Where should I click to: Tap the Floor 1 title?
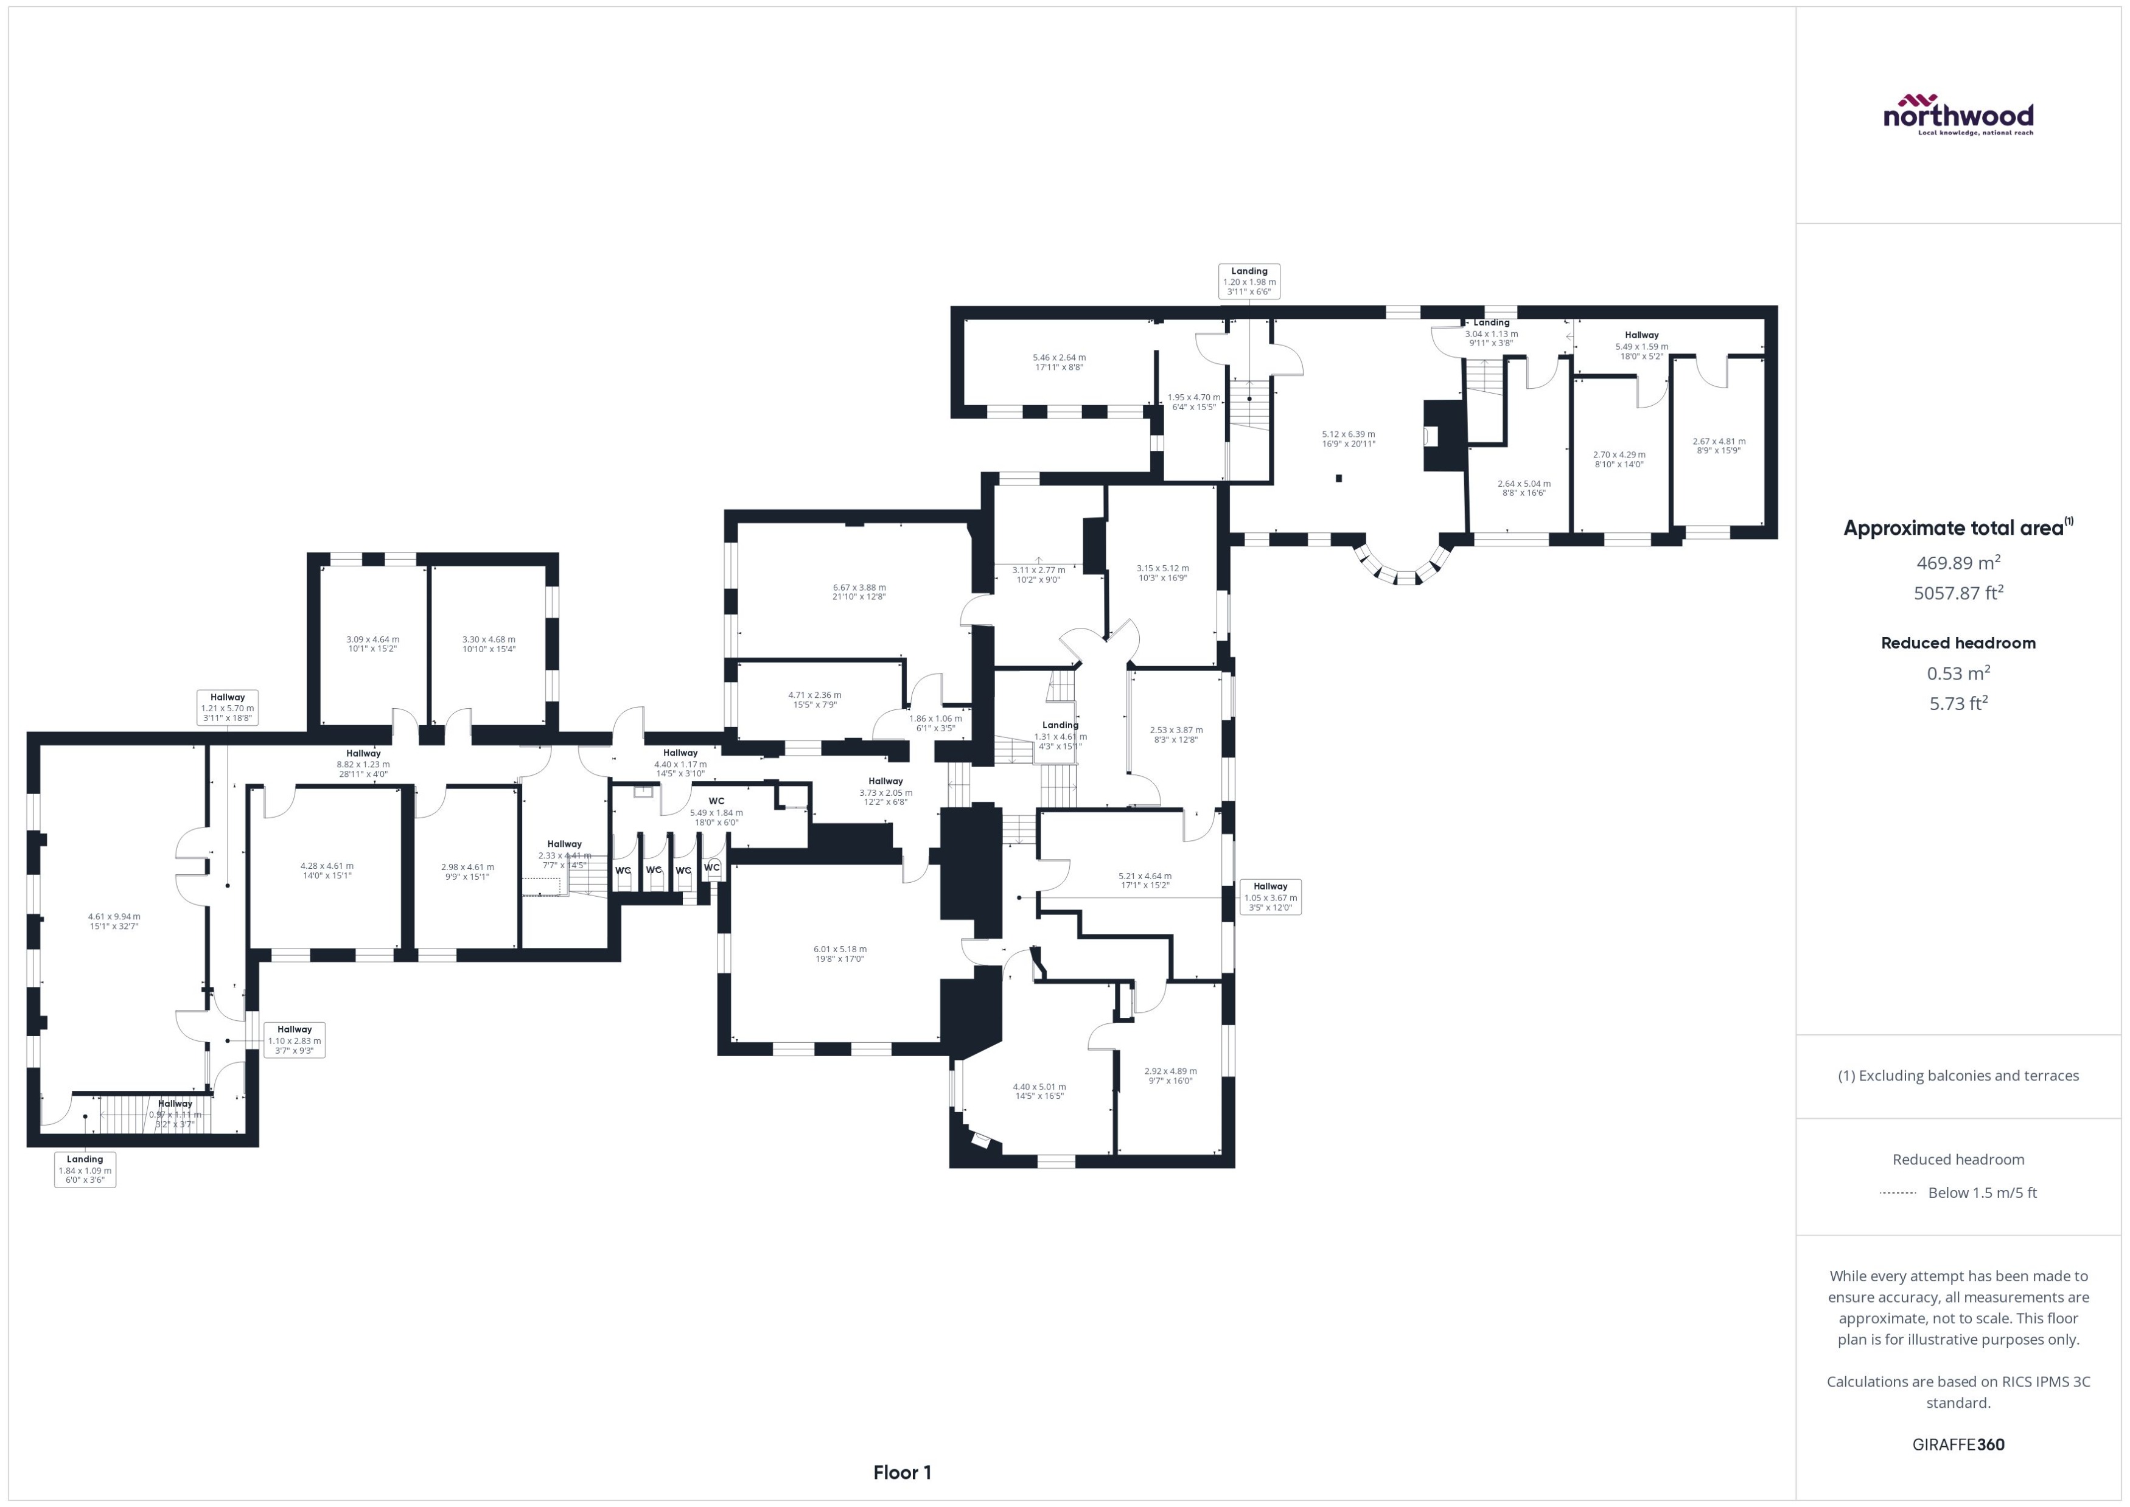point(901,1472)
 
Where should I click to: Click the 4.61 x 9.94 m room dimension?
point(114,921)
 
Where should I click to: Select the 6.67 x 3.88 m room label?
point(859,591)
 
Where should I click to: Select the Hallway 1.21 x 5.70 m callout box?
point(228,707)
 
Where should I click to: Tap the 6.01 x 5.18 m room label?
point(839,953)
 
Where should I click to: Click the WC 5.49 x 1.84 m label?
point(716,811)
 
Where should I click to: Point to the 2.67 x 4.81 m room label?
point(1718,445)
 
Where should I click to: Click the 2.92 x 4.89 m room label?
point(1170,1074)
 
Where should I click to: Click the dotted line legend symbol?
point(1897,1192)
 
